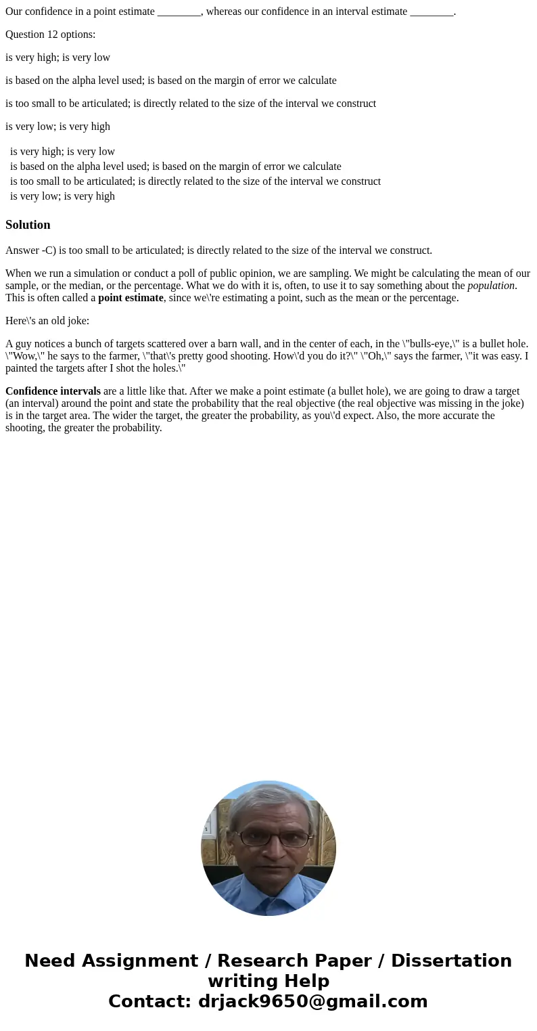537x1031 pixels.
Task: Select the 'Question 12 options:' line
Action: click(x=50, y=35)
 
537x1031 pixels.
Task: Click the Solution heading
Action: click(x=28, y=225)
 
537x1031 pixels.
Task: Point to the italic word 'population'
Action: click(x=491, y=286)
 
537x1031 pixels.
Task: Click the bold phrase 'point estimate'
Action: click(x=131, y=298)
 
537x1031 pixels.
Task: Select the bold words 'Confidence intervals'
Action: click(x=53, y=391)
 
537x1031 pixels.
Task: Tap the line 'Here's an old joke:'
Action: click(x=47, y=321)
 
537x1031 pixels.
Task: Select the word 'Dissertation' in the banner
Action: click(x=451, y=961)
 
